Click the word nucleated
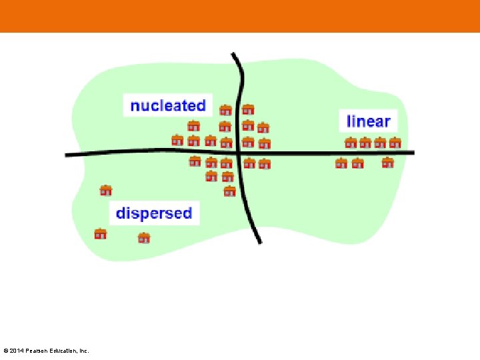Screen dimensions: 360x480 tap(167, 105)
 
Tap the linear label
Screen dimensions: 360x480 tap(368, 121)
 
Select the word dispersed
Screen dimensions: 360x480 tap(154, 213)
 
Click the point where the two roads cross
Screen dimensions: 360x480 tap(239, 153)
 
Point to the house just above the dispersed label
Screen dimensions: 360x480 tap(105, 191)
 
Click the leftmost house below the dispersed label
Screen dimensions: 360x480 tap(101, 234)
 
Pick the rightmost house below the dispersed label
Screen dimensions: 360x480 tap(143, 237)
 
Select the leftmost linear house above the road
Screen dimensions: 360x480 tap(351, 142)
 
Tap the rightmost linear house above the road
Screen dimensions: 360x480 tap(395, 142)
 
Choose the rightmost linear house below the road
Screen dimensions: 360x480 tap(388, 162)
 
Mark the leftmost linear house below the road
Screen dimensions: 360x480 tap(341, 163)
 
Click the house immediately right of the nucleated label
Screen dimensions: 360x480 tap(226, 110)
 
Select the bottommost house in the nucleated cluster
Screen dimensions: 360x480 tap(230, 191)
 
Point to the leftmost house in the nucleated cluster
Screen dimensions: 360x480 tap(177, 140)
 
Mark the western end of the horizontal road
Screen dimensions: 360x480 tap(67, 155)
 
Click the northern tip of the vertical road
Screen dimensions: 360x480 tap(233, 54)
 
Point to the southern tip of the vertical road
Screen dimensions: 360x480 tap(259, 241)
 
